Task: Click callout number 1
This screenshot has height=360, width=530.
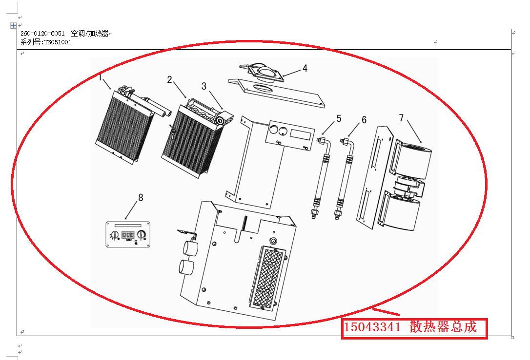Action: [x=101, y=77]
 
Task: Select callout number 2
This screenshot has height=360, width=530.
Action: [x=169, y=79]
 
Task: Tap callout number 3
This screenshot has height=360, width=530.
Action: [x=204, y=86]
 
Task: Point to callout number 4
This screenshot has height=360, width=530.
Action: [x=305, y=68]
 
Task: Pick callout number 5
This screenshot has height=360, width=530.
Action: [x=339, y=118]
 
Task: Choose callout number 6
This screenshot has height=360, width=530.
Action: [x=364, y=120]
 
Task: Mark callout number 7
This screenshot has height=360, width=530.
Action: [x=401, y=118]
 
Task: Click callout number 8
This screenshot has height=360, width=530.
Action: [x=141, y=197]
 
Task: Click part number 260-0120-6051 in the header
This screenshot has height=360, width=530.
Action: [x=42, y=34]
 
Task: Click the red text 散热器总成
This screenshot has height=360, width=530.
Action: [x=443, y=327]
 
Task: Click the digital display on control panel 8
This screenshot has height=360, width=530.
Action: [x=128, y=235]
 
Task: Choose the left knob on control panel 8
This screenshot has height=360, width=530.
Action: [x=114, y=235]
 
